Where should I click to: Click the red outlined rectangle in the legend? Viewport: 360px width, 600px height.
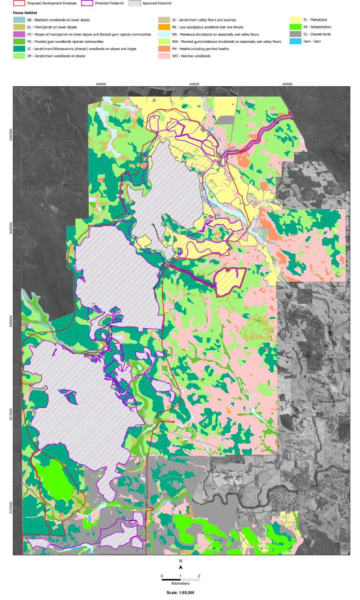tap(19, 3)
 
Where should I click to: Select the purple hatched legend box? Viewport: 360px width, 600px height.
tap(87, 3)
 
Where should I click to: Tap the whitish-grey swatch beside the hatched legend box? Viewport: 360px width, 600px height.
tap(135, 3)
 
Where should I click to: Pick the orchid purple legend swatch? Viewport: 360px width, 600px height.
tap(19, 34)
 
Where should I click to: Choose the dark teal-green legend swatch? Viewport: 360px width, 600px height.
tap(19, 49)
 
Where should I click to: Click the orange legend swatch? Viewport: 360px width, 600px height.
tap(164, 27)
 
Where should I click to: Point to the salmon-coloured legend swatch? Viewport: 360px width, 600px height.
tap(164, 49)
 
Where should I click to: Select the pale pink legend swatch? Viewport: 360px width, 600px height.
tap(164, 56)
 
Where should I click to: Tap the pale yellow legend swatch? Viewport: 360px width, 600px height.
tap(295, 20)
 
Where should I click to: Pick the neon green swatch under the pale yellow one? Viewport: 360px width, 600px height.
tap(295, 27)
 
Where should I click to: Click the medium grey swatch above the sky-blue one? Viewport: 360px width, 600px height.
tap(295, 34)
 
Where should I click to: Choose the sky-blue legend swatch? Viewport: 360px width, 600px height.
tap(295, 41)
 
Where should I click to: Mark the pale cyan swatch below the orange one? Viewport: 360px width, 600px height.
tap(164, 34)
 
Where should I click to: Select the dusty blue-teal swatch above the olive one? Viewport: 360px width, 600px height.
tap(19, 20)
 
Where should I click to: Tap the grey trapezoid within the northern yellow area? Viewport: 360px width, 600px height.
tap(225, 120)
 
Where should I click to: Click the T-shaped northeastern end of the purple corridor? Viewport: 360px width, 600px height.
tap(290, 116)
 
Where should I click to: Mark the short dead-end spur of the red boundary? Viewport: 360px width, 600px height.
tap(167, 421)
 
